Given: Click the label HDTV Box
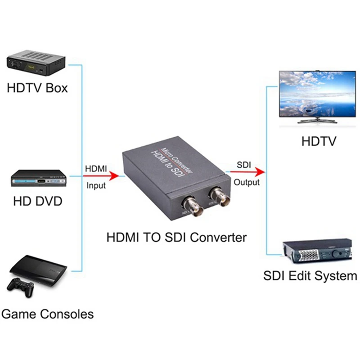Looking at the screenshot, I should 37,87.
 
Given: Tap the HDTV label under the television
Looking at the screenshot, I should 319,142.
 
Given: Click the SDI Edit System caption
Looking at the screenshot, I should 310,275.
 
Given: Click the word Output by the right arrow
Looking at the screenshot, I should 247,182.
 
